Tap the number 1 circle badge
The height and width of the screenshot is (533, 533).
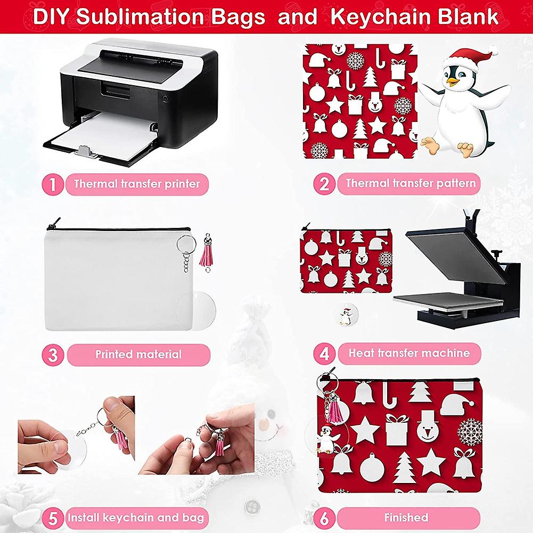[52, 184]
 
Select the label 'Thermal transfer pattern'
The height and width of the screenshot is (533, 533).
[411, 184]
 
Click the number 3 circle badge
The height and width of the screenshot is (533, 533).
[52, 354]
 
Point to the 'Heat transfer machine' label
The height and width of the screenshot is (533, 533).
[409, 353]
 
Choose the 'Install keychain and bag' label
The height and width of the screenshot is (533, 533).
[136, 518]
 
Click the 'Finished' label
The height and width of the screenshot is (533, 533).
[406, 518]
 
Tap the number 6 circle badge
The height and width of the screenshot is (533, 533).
[324, 518]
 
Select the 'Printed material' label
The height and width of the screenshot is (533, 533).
[138, 354]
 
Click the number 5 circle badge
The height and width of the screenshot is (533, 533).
[52, 518]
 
